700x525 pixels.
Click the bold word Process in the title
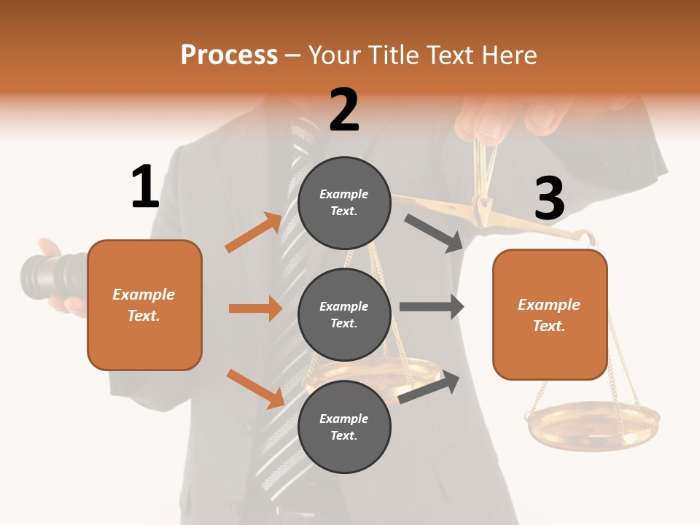point(229,55)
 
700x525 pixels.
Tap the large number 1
point(145,187)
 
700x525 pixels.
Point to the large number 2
point(344,110)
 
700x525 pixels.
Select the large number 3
point(549,198)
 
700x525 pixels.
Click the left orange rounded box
point(144,305)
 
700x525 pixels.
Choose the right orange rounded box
point(550,315)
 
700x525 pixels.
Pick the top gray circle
point(344,203)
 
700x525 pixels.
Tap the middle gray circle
point(344,314)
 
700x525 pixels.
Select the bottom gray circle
point(344,427)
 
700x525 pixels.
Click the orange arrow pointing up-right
point(254,232)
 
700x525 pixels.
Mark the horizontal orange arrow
point(255,308)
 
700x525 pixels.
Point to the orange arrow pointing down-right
point(256,388)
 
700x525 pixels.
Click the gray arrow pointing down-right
point(434,233)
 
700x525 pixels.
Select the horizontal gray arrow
point(431,307)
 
